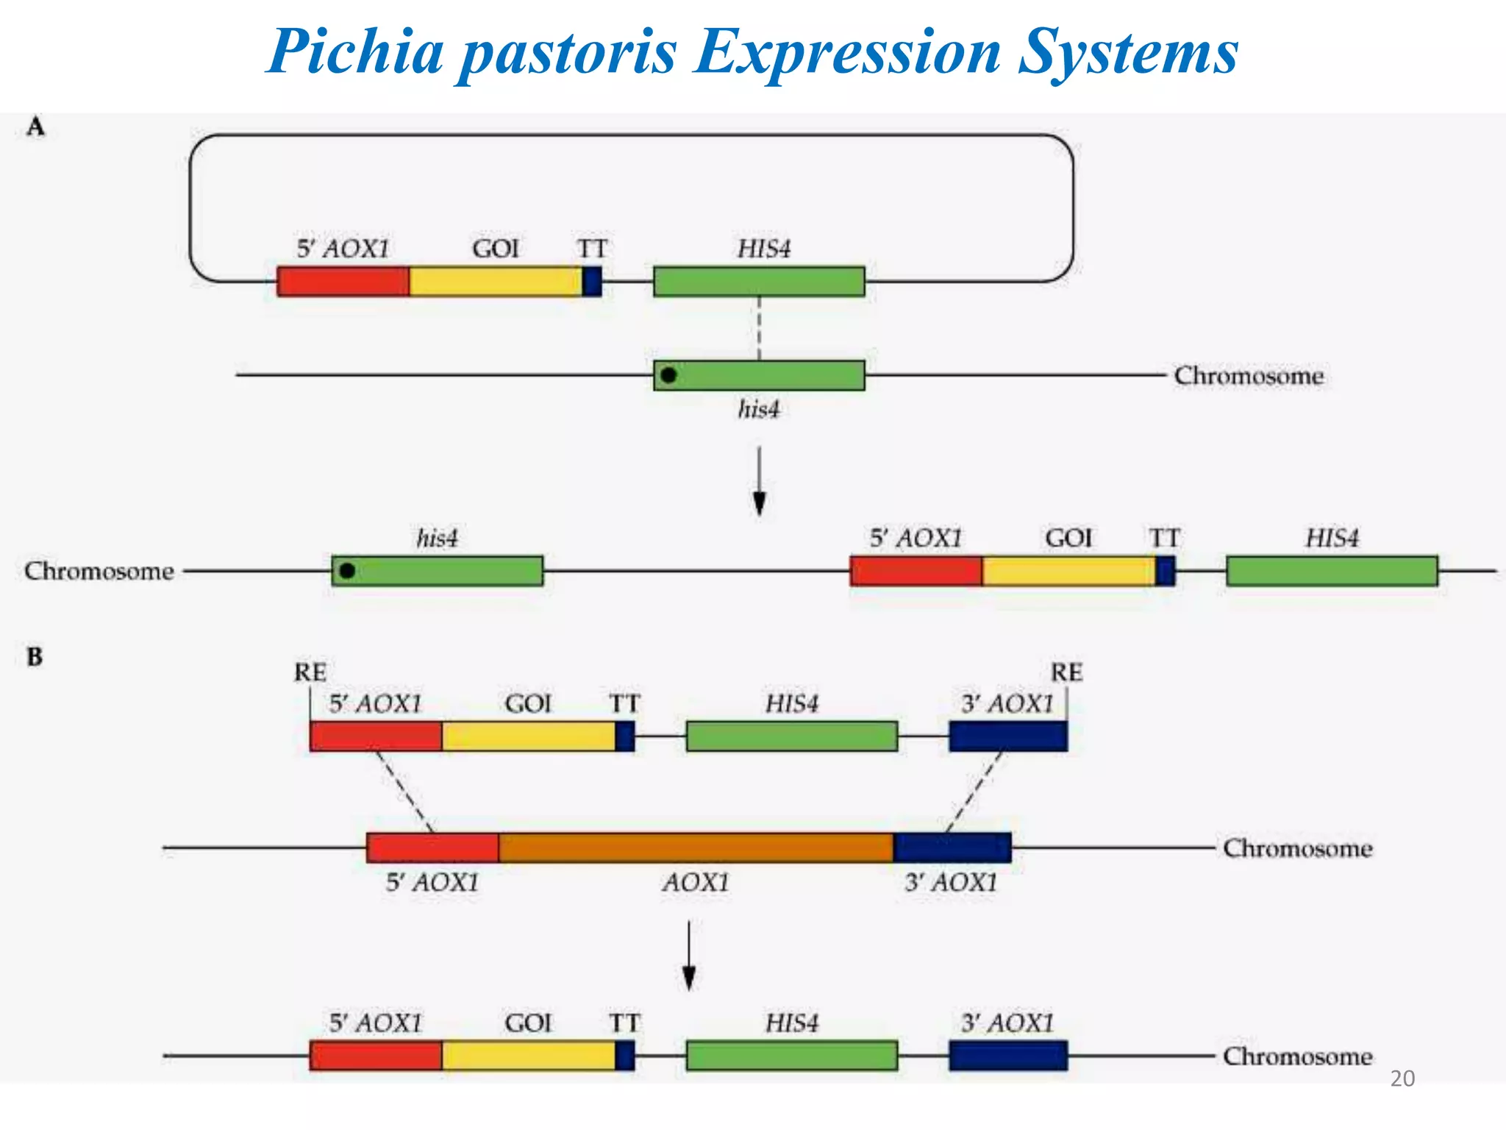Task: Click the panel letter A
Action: tap(35, 127)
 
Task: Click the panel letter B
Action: tap(35, 656)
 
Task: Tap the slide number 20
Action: tap(1402, 1079)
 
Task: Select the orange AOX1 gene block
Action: tap(696, 847)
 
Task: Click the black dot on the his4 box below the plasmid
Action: tap(668, 375)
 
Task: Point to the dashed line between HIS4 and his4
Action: tap(759, 328)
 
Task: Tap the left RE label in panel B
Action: tap(310, 672)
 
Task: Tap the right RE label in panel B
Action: tap(1066, 672)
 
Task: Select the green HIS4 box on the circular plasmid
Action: tap(759, 282)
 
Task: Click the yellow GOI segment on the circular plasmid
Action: tap(496, 282)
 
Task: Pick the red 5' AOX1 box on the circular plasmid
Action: tap(343, 282)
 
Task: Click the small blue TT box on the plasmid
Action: tap(592, 282)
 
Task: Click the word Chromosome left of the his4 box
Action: tap(99, 571)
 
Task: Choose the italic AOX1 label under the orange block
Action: tap(696, 882)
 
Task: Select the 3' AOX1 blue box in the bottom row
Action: tap(1007, 1056)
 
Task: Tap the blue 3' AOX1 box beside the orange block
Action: tap(952, 847)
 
